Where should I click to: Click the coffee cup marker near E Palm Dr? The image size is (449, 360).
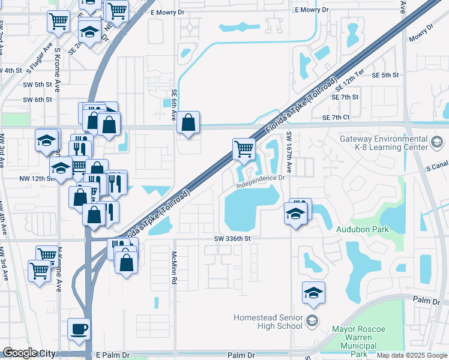pyautogui.click(x=79, y=329)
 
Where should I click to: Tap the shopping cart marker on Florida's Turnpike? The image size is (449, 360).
pyautogui.click(x=244, y=148)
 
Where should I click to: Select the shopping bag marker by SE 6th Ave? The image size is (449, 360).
pyautogui.click(x=188, y=122)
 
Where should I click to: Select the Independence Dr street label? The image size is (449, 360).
pyautogui.click(x=260, y=181)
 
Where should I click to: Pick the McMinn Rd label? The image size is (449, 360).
pyautogui.click(x=174, y=263)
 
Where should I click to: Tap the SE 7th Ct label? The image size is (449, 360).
pyautogui.click(x=335, y=118)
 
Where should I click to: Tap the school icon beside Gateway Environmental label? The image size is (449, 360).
pyautogui.click(x=437, y=143)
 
